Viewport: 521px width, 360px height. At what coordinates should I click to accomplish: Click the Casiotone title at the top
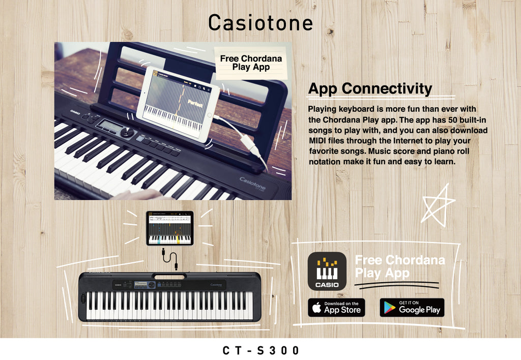260,23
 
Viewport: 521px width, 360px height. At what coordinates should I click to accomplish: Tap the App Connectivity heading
370,88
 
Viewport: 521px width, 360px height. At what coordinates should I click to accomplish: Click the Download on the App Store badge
336,307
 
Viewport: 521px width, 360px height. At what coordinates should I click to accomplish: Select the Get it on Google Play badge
412,307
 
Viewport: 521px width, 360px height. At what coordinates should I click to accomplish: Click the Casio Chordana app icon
327,271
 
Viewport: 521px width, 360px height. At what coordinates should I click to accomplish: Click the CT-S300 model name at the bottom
260,350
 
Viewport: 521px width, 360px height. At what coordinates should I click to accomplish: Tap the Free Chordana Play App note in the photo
251,63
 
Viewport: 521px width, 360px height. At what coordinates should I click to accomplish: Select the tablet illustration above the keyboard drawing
170,228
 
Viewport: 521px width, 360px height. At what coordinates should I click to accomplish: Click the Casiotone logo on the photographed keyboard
253,181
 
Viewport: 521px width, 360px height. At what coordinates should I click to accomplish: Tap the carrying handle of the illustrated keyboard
169,277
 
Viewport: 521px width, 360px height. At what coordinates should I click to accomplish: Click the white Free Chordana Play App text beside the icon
399,266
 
